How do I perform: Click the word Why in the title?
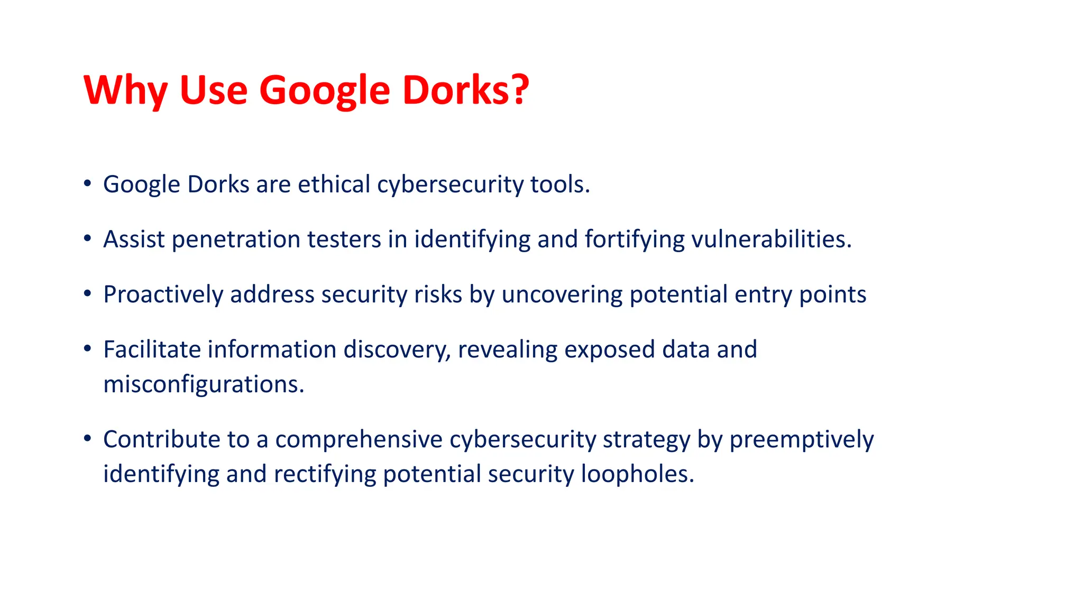pos(126,90)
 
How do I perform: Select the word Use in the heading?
pos(214,90)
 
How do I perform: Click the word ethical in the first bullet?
pos(334,184)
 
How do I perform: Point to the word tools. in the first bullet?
pos(560,184)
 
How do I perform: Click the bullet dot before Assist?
pos(87,238)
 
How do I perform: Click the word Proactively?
pos(163,294)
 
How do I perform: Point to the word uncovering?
pos(562,294)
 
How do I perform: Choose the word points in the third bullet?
pos(832,294)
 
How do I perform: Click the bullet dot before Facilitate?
pos(87,348)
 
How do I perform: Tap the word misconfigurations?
pos(204,384)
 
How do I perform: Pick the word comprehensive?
pos(359,439)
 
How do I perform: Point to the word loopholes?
pos(637,474)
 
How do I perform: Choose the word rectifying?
pos(325,474)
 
